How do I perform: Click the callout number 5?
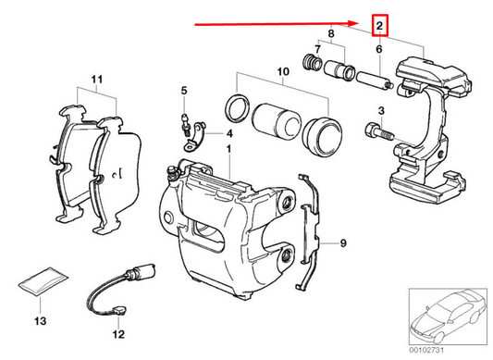[x=183, y=90]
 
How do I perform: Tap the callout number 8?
[x=331, y=33]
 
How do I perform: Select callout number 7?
[x=319, y=50]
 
